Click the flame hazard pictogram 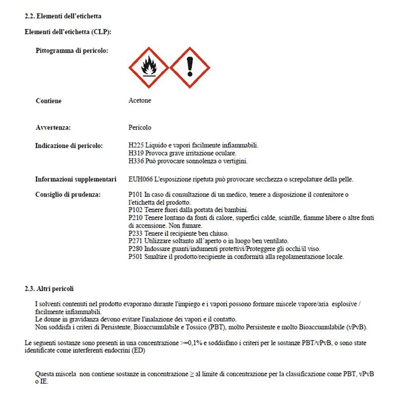coord(149,67)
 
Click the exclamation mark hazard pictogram coord(190,67)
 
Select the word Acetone coord(140,101)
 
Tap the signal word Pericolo coord(140,128)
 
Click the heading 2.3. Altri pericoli coord(49,288)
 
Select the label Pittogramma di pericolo coord(72,51)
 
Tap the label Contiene coord(49,101)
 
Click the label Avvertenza coord(53,128)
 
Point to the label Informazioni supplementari coord(76,179)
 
